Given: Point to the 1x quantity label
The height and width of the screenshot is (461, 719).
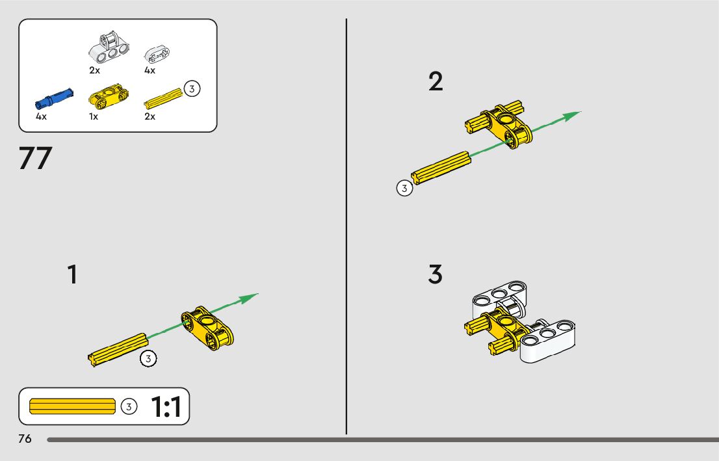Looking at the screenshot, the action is click(x=94, y=117).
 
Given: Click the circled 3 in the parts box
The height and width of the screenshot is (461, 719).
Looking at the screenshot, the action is click(x=191, y=88).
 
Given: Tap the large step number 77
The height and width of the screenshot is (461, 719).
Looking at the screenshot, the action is click(x=35, y=159).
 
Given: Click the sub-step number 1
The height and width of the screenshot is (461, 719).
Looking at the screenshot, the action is click(x=73, y=274).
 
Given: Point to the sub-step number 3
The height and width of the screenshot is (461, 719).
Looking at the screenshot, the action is click(x=435, y=274).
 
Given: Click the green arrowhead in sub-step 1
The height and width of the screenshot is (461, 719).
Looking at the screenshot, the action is click(x=248, y=298).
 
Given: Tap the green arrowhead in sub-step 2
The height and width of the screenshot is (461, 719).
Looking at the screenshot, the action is click(x=571, y=116).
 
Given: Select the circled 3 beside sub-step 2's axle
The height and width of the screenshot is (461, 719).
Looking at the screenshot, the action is click(x=404, y=189).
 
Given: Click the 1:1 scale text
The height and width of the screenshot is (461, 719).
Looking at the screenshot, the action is click(x=166, y=407).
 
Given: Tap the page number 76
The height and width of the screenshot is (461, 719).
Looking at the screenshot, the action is click(x=25, y=439).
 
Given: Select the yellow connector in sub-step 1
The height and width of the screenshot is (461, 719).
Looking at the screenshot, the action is click(x=207, y=326).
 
